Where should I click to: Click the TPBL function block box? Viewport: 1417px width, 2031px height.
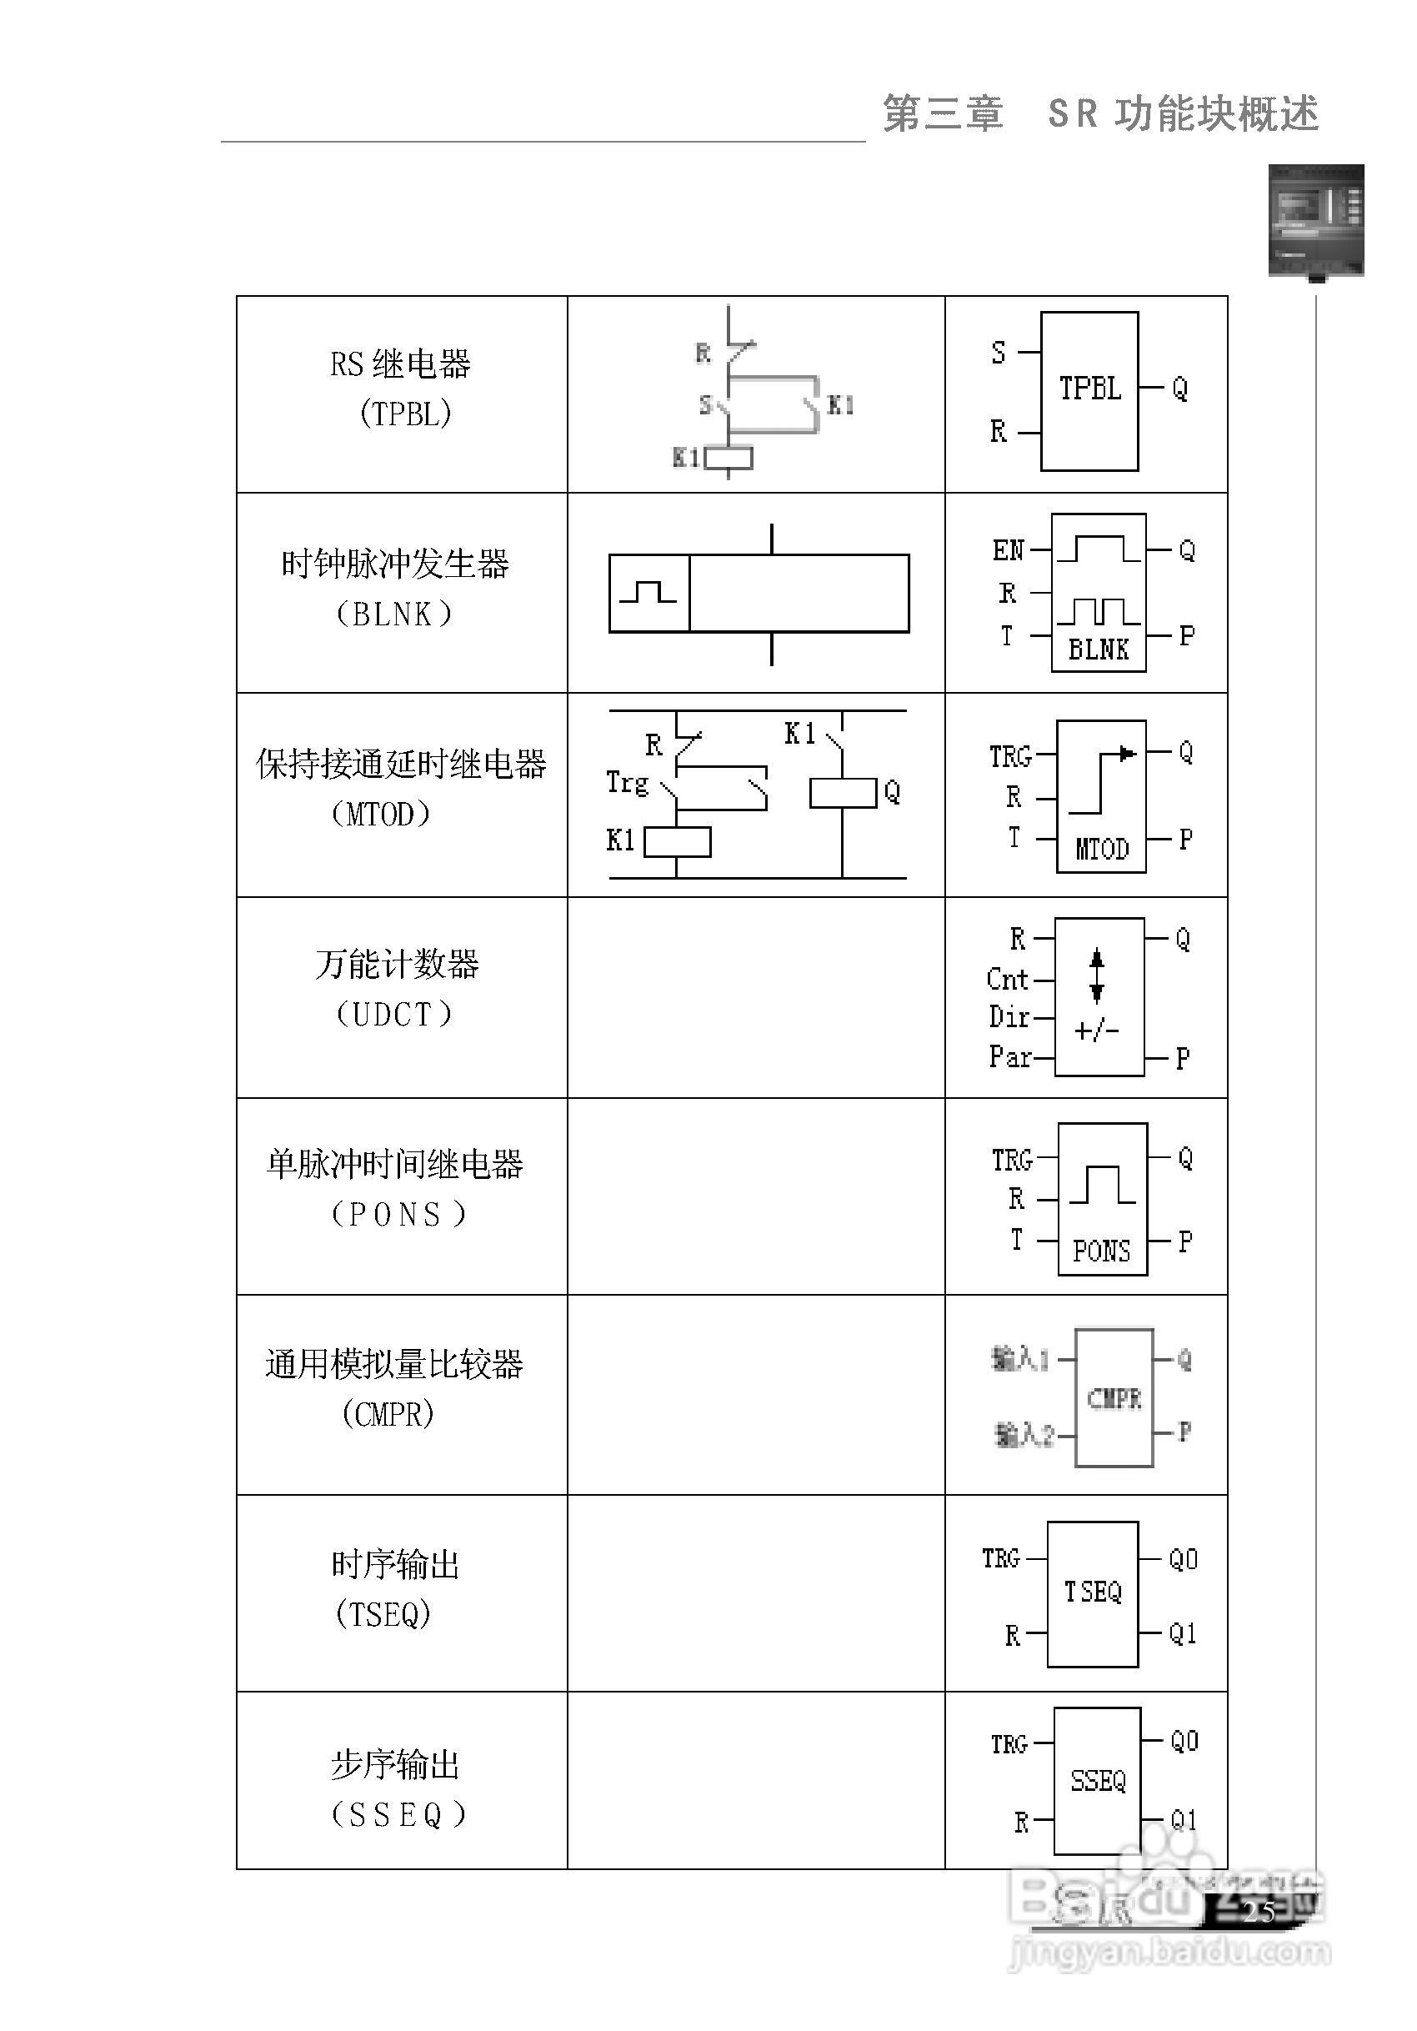tap(1089, 390)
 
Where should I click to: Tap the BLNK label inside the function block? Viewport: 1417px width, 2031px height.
tap(1099, 649)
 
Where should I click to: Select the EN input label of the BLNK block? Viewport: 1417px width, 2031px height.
tap(1008, 550)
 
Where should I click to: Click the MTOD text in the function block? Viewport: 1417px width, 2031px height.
tap(1101, 850)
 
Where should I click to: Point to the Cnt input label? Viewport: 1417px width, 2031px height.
tap(1008, 979)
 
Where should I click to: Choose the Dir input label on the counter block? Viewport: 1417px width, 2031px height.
tap(1009, 1017)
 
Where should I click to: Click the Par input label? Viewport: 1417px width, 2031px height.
tap(1009, 1056)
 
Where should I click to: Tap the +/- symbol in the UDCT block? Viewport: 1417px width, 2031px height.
tap(1097, 1031)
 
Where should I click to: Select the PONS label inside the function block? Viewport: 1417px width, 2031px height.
tap(1101, 1251)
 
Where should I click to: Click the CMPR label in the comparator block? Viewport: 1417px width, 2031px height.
tap(1114, 1398)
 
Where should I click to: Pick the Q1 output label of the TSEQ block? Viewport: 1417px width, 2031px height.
tap(1183, 1633)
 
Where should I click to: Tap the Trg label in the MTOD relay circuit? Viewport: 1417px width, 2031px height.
tap(627, 783)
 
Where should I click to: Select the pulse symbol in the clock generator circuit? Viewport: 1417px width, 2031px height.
tap(648, 592)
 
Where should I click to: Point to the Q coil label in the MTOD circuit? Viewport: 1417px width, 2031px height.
tap(892, 792)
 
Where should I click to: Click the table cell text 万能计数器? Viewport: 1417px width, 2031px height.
tap(396, 964)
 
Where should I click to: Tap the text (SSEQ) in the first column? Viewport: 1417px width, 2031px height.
tap(397, 1815)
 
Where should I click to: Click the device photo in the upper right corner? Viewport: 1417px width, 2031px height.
tap(1315, 220)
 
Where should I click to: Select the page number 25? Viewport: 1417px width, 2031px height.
tap(1259, 1913)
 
